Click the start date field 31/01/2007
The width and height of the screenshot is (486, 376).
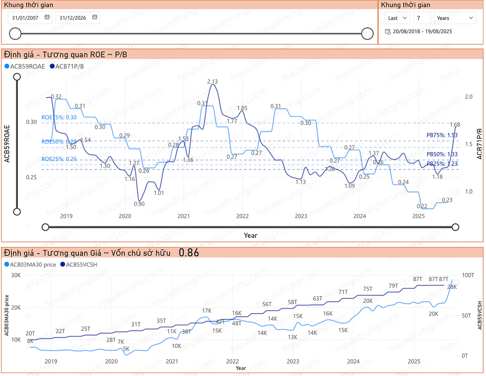26,18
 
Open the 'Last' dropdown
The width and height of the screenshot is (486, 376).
398,18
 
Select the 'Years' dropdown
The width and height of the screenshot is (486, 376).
455,18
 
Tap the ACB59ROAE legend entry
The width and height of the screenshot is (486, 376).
27,66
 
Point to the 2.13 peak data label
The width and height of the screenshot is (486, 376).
212,81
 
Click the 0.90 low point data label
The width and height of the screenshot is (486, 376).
139,204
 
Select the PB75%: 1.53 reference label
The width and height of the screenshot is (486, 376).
442,135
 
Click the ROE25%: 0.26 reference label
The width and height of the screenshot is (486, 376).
59,159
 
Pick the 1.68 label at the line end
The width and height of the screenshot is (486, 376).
455,124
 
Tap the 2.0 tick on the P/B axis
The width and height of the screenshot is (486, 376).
468,98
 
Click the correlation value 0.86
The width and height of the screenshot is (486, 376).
188,253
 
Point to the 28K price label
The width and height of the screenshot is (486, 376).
452,287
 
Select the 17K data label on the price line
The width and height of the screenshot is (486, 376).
207,311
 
